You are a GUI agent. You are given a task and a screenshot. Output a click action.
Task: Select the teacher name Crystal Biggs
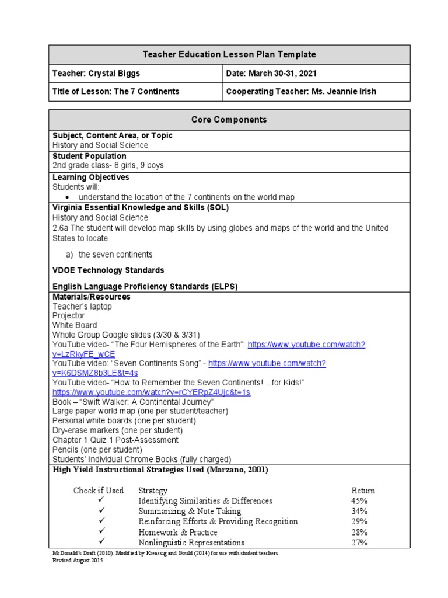point(115,73)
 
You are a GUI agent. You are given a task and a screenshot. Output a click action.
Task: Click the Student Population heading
point(89,156)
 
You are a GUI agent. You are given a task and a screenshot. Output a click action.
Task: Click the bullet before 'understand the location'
point(67,197)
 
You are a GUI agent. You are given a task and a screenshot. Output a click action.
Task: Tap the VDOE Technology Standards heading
point(108,270)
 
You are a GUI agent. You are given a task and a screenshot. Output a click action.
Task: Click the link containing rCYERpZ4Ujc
point(151,392)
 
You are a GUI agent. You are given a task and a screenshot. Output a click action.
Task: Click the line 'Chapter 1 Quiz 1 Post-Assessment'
point(116,440)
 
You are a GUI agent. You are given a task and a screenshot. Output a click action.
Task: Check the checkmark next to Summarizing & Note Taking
point(101,511)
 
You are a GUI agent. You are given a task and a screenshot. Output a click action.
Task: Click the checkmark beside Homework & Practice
point(101,532)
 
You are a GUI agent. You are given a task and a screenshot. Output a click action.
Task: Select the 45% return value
point(360,501)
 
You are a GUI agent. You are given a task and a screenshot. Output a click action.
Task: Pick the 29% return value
point(360,521)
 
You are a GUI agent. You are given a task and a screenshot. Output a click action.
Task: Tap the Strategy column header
point(153,491)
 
